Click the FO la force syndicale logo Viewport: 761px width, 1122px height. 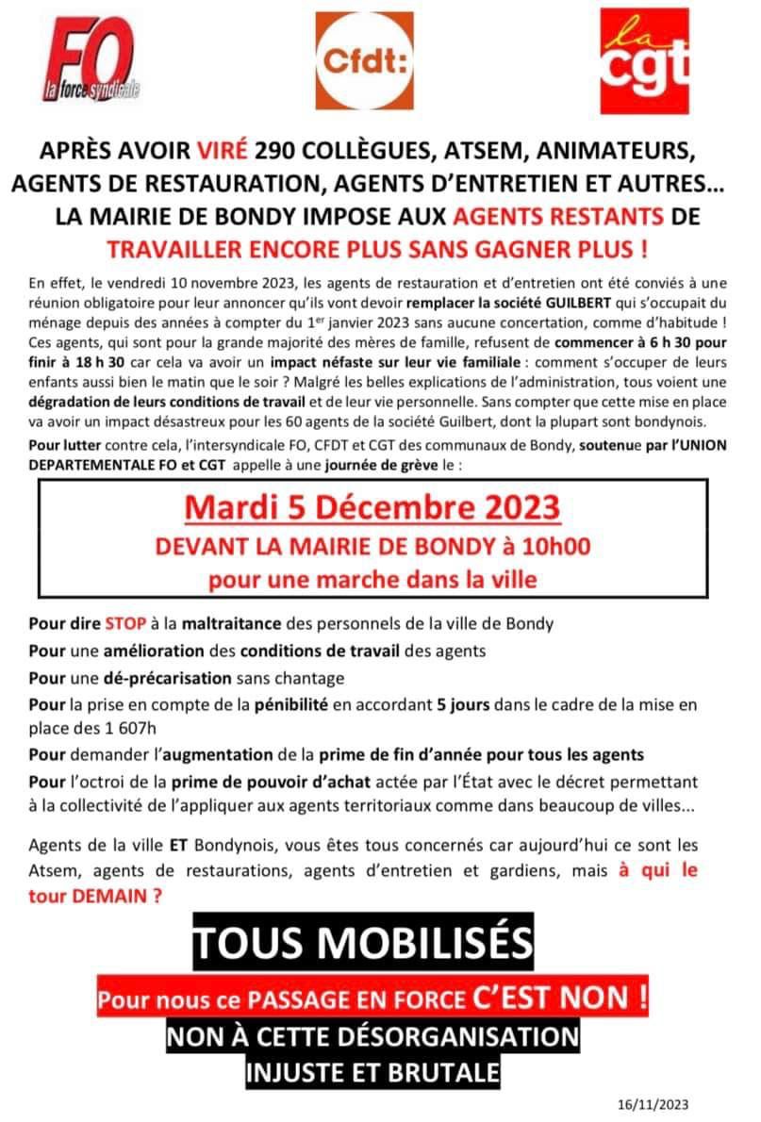[92, 60]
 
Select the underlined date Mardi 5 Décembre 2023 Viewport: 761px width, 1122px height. [372, 507]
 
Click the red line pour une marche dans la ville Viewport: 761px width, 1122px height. [372, 579]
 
